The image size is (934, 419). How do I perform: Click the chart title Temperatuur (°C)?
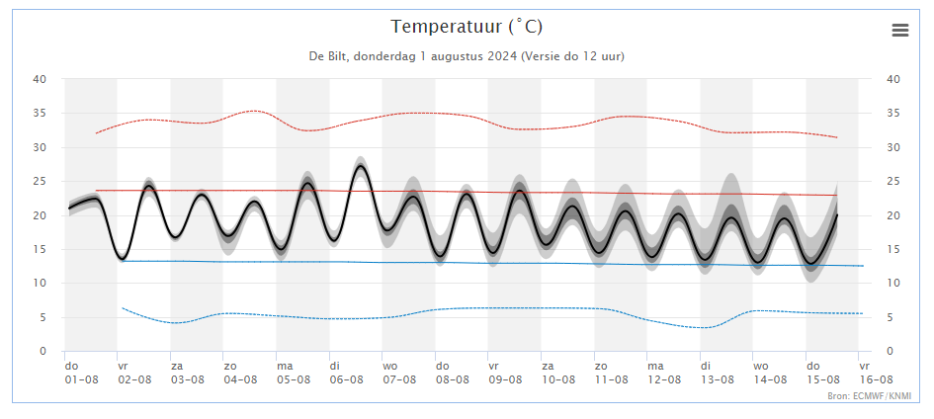coord(467,27)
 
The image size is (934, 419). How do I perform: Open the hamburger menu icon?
coord(900,31)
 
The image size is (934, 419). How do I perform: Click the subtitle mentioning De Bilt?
coord(467,56)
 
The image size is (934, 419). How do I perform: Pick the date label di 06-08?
coord(346,373)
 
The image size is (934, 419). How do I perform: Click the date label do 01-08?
coord(81,373)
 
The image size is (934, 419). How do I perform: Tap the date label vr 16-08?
coord(876,373)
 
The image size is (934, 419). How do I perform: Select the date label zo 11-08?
coord(611,373)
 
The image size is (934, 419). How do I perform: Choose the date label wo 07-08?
coord(399,373)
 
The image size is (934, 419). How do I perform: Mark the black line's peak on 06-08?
coord(361,166)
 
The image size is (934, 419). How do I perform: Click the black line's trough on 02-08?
coord(123,259)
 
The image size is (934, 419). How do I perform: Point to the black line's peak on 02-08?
coord(149,187)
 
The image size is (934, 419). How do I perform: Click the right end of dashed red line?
coord(837,137)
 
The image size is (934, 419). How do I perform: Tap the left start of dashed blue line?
coord(123,307)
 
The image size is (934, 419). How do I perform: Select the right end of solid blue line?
coord(863,266)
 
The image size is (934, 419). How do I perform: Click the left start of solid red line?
coord(96,191)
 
